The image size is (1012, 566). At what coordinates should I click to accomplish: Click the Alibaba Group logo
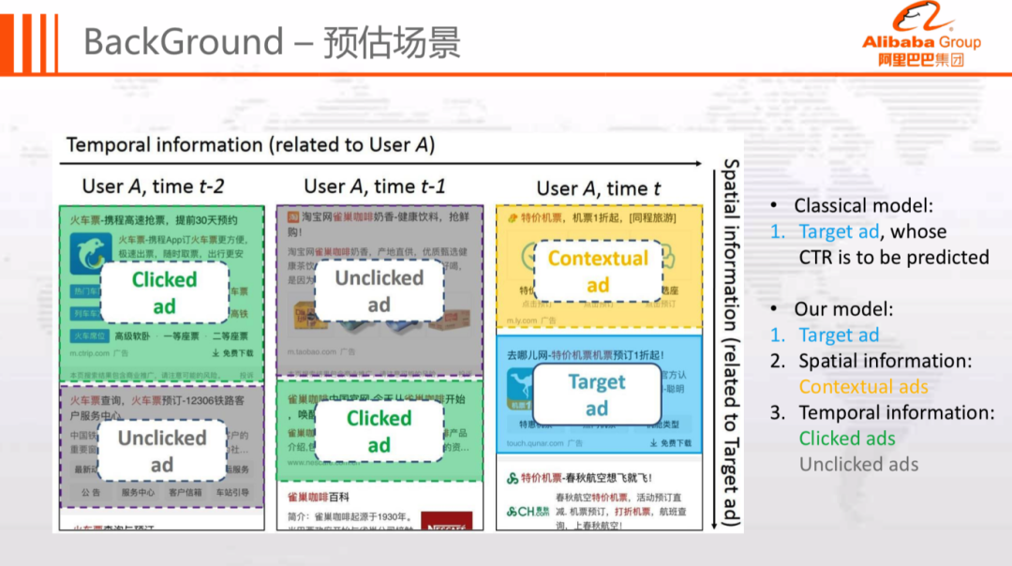tap(921, 37)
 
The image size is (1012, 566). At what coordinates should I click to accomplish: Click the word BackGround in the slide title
tap(183, 41)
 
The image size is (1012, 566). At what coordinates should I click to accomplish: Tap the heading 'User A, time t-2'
tap(154, 186)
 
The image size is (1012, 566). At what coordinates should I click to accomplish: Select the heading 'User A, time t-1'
tap(375, 186)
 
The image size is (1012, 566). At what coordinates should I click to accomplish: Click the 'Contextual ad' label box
tap(598, 271)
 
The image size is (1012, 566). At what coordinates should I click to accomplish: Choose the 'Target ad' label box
tap(597, 395)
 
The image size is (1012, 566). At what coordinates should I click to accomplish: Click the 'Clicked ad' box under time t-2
tap(164, 292)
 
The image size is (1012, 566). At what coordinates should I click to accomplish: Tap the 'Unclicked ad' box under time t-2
tap(162, 451)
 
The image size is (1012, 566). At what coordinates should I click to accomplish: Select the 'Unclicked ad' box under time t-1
tap(379, 290)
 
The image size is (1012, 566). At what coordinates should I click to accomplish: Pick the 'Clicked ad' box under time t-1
tap(379, 431)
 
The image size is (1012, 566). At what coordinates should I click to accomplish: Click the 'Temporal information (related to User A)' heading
tap(250, 145)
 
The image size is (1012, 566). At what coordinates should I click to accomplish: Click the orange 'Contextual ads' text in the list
tap(863, 386)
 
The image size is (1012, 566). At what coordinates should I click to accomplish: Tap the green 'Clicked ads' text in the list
tap(847, 438)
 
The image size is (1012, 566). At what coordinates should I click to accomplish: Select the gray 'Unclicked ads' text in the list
tap(858, 464)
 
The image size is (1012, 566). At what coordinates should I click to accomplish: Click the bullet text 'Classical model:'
tap(863, 205)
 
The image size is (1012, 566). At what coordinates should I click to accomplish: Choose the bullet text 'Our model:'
tap(843, 308)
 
